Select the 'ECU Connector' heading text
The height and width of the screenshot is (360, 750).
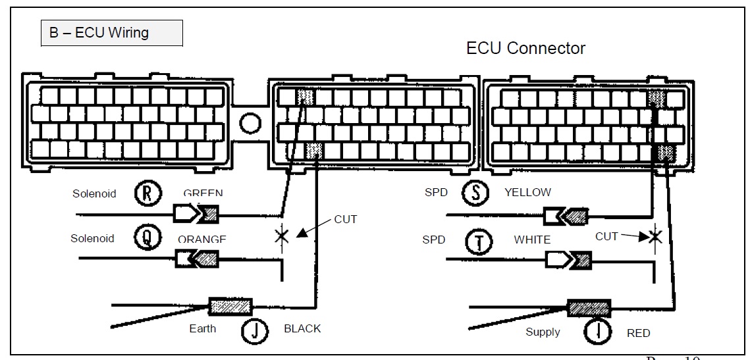(x=525, y=48)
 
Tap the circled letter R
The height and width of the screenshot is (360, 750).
(x=147, y=193)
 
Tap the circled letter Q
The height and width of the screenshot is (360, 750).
(x=147, y=238)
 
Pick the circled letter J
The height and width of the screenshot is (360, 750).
(x=254, y=328)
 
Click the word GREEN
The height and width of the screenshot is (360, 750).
(x=203, y=193)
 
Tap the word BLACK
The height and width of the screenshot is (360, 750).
(x=302, y=328)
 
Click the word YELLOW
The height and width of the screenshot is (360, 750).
(x=527, y=193)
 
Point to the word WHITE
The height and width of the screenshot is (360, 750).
(x=532, y=240)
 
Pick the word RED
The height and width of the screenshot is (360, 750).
(x=638, y=333)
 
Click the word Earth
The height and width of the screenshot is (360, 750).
(x=202, y=328)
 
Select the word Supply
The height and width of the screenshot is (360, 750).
(x=543, y=332)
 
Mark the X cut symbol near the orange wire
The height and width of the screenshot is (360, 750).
(x=282, y=236)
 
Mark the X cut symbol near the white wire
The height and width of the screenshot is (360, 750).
(x=655, y=236)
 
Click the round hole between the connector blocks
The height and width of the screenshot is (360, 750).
(x=250, y=122)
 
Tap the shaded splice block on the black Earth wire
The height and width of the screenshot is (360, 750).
(x=230, y=306)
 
